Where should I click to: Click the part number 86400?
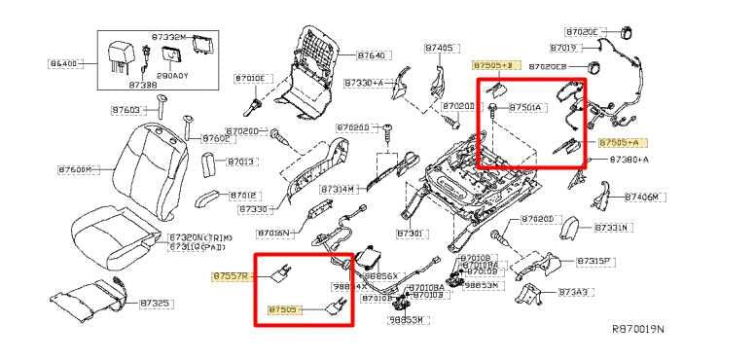pos(64,64)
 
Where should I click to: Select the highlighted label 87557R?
pos(232,276)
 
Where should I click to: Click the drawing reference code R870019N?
pos(637,330)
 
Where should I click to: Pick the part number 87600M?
pos(76,169)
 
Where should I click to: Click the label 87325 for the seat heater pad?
pos(155,304)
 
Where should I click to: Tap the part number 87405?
pos(440,47)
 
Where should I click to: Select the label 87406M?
pos(640,197)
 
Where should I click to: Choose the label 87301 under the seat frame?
pos(412,234)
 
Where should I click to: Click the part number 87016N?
pos(274,234)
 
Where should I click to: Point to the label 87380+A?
pos(629,159)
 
